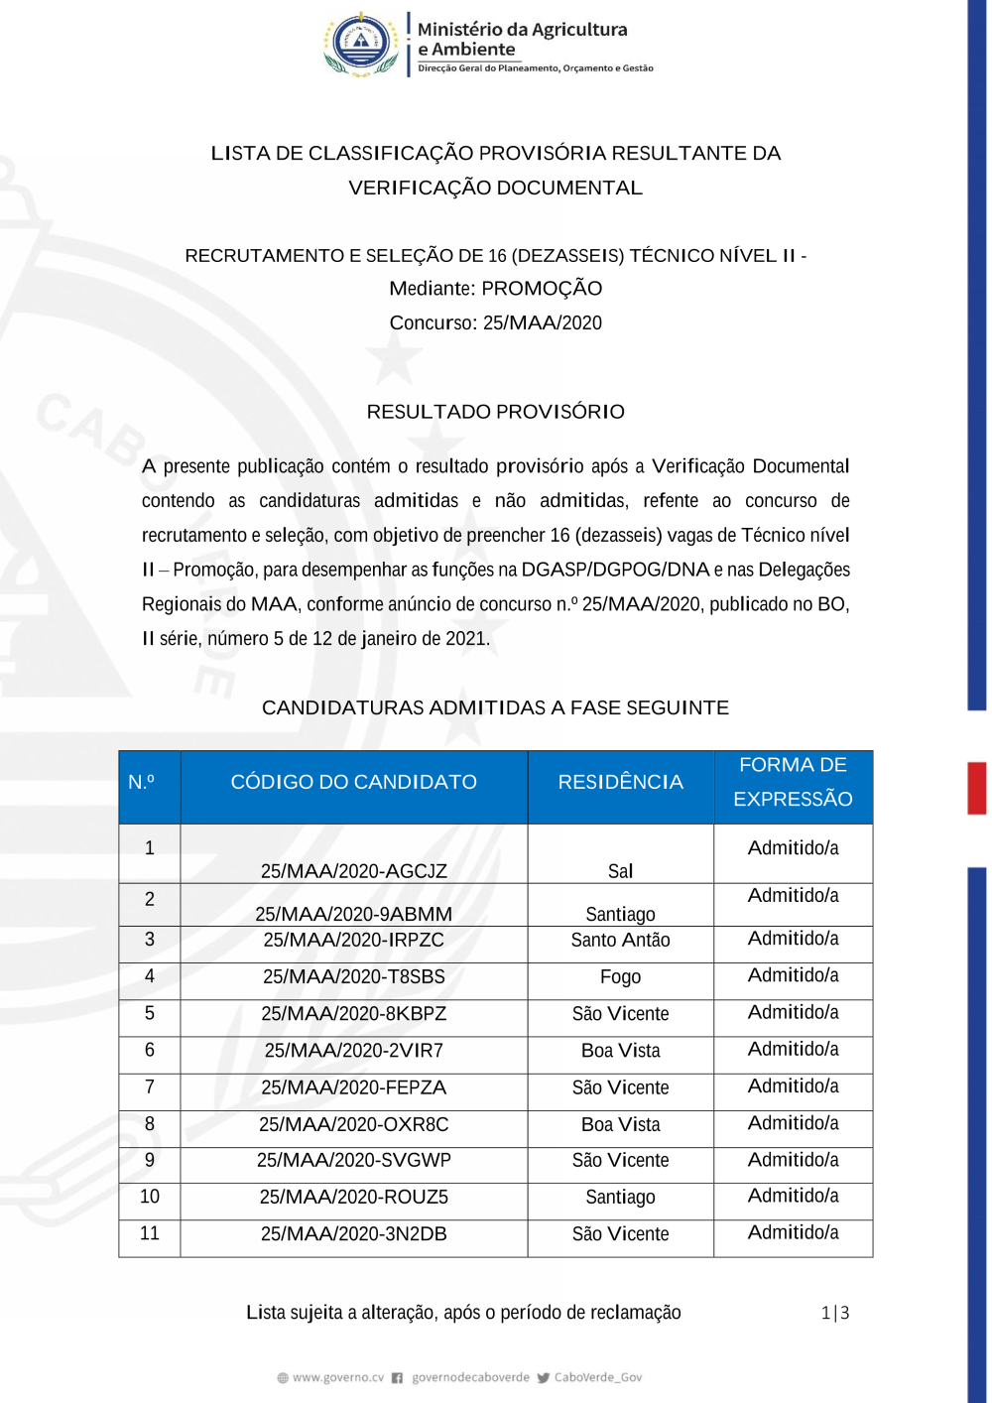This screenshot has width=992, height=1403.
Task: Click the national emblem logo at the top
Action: [360, 45]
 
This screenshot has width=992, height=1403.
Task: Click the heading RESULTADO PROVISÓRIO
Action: [495, 412]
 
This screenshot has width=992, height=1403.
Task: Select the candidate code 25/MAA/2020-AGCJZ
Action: [353, 871]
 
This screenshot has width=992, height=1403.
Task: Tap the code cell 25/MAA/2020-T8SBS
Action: [353, 976]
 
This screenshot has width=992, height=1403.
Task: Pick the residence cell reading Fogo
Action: [620, 977]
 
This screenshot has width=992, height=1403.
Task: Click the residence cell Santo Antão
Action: [620, 940]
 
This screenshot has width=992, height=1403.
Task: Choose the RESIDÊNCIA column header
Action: [620, 782]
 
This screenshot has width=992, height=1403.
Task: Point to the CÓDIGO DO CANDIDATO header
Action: [353, 782]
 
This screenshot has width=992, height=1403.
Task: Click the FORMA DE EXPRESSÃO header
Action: [793, 782]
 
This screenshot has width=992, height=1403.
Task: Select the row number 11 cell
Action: [150, 1233]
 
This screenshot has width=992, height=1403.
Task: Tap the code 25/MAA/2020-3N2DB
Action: [353, 1234]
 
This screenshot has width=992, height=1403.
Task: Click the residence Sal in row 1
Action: [620, 871]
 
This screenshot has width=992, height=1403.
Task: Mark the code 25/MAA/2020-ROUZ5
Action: [353, 1198]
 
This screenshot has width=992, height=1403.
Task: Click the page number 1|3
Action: [835, 1313]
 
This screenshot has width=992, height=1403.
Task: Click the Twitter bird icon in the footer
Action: [543, 1377]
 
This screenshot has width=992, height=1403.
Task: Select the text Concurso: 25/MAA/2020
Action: [495, 322]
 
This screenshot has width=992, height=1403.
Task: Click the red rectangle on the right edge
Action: [977, 788]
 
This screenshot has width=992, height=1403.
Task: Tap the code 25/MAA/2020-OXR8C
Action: [353, 1124]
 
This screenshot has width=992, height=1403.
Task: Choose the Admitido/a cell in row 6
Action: [793, 1050]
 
